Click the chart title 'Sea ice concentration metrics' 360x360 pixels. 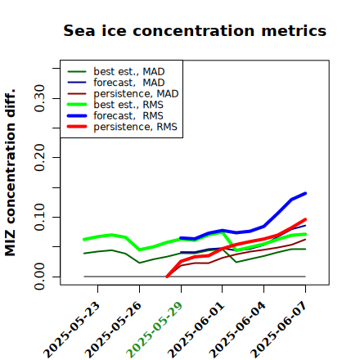[195, 30]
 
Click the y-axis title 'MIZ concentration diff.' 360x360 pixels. [10, 173]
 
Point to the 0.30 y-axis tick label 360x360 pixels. [40, 98]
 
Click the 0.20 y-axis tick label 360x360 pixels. [40, 157]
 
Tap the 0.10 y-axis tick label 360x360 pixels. [40, 217]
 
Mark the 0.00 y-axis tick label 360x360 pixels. [40, 277]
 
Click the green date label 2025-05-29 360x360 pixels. [154, 330]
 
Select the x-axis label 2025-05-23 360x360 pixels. [71, 330]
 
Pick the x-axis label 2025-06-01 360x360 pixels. [196, 330]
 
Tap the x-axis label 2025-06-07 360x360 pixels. [279, 330]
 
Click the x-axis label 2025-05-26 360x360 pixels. [113, 330]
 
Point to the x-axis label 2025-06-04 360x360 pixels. [237, 330]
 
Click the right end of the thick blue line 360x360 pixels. [305, 193]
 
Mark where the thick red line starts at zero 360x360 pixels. [167, 277]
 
